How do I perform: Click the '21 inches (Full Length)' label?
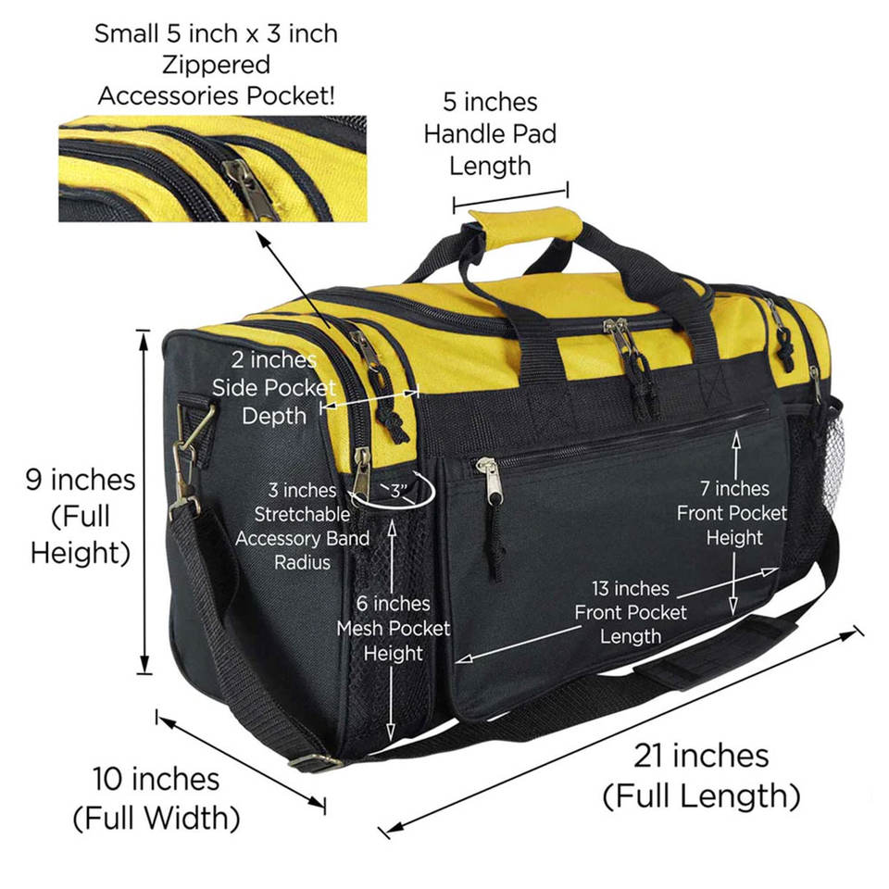[x=701, y=776]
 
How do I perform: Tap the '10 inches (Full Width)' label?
[x=157, y=798]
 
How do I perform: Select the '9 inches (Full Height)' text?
[x=81, y=516]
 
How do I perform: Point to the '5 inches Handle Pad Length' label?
[x=490, y=133]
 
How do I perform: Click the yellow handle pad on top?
[x=521, y=226]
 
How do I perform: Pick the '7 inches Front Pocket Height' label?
[x=732, y=513]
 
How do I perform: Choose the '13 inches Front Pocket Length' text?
[x=631, y=612]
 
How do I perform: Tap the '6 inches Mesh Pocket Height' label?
[x=393, y=628]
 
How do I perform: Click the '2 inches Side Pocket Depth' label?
[x=274, y=388]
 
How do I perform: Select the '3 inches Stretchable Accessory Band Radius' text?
[x=302, y=526]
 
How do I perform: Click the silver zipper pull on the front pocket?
[x=491, y=481]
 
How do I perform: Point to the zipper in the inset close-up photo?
[x=248, y=186]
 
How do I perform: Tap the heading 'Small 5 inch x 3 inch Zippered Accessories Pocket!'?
[x=216, y=65]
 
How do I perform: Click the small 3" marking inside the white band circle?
[x=399, y=491]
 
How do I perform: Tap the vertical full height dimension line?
[x=144, y=502]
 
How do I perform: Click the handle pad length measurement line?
[x=510, y=198]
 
